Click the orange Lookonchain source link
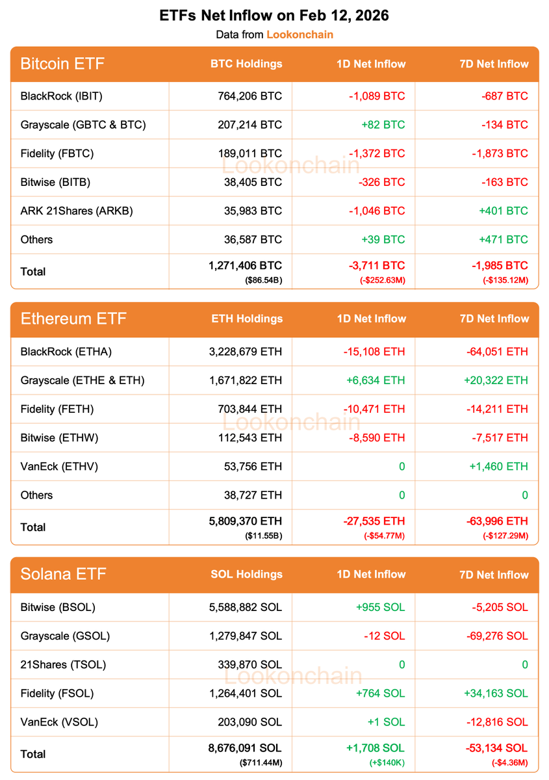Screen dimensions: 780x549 [x=300, y=34]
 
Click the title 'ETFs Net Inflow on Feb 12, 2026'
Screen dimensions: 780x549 [x=274, y=16]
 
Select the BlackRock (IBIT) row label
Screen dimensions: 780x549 [x=62, y=96]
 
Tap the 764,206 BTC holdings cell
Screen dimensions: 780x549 [x=250, y=96]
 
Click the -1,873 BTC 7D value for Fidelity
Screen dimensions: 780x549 [x=500, y=153]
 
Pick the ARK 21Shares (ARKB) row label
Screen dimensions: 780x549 [x=77, y=211]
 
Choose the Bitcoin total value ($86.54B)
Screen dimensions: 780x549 [x=264, y=280]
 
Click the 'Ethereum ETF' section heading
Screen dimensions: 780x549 [x=73, y=318]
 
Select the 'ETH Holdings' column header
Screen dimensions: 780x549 [x=247, y=318]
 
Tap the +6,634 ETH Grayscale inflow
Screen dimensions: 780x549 [x=374, y=380]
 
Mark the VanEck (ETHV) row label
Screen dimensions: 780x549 [x=59, y=466]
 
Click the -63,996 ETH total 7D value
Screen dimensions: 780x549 [x=497, y=521]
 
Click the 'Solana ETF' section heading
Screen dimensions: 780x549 [x=63, y=574]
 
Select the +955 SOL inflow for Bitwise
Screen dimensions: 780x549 [x=380, y=607]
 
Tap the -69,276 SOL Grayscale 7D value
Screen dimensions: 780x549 [x=496, y=636]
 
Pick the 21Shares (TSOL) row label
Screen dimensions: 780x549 [x=63, y=664]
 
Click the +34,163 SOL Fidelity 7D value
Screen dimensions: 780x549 [x=496, y=693]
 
